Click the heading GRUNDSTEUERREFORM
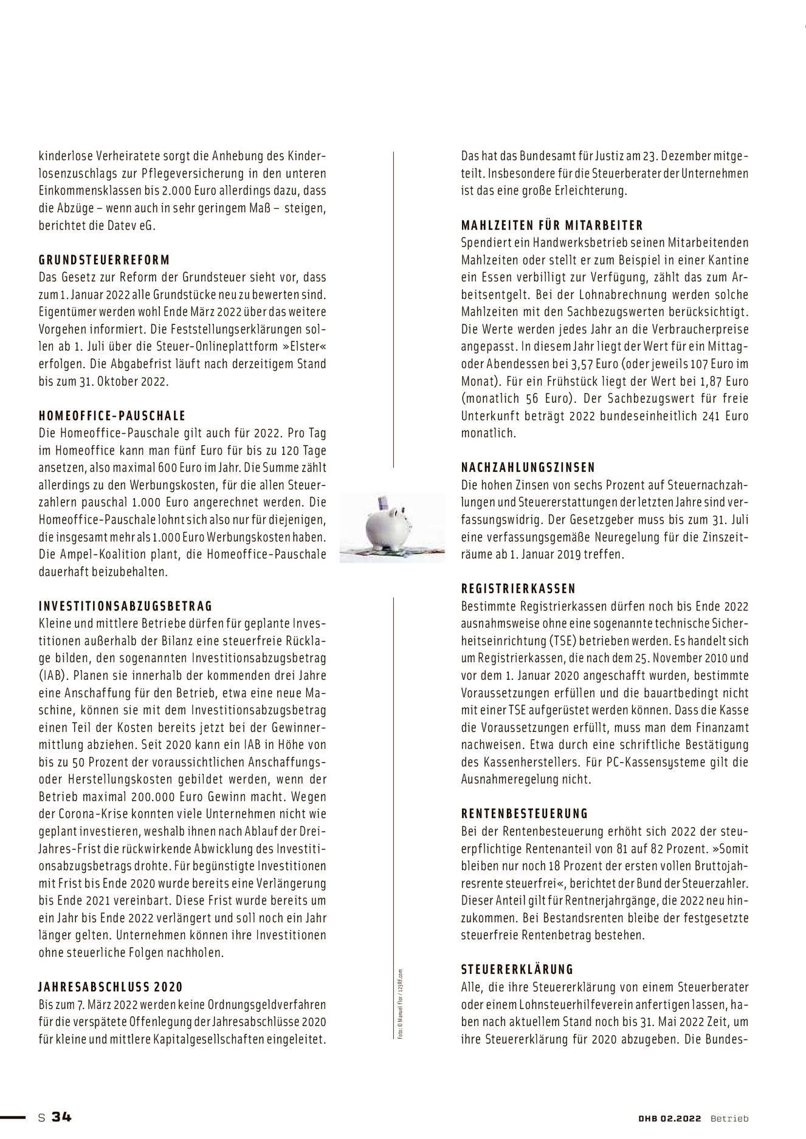point(104,260)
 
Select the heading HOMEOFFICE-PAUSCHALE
point(112,416)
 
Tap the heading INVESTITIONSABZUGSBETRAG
point(125,606)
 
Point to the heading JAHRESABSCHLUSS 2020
point(110,987)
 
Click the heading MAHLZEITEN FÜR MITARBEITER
point(552,225)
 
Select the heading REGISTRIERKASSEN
point(518,589)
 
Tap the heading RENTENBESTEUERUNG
point(525,813)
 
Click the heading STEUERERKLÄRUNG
point(517,970)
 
